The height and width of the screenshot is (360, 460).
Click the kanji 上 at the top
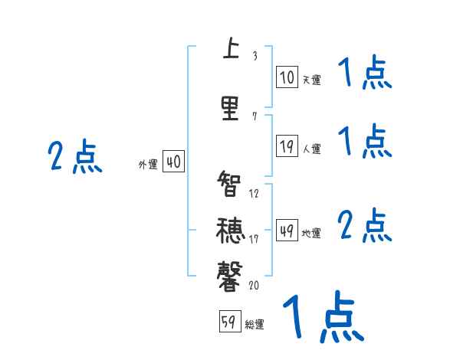(x=230, y=51)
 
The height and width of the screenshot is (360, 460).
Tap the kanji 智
(x=230, y=185)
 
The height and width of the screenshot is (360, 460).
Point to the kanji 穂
(x=230, y=230)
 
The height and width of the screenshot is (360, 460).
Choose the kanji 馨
(x=230, y=274)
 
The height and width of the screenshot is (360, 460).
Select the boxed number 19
(x=287, y=146)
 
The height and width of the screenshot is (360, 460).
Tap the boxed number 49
(x=287, y=231)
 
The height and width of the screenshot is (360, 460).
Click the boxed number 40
(x=173, y=162)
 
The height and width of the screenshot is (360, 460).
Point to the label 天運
(x=311, y=79)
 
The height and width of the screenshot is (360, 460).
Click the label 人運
(x=311, y=149)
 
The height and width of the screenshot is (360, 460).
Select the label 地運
(x=311, y=234)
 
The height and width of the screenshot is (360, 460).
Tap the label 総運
(x=255, y=325)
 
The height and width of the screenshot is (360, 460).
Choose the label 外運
(x=148, y=164)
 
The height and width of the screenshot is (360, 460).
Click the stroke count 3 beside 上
(x=255, y=56)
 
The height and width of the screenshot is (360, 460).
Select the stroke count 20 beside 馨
(x=255, y=285)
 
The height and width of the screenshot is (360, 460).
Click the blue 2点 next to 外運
(x=74, y=156)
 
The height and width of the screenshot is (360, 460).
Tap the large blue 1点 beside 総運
(x=323, y=316)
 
